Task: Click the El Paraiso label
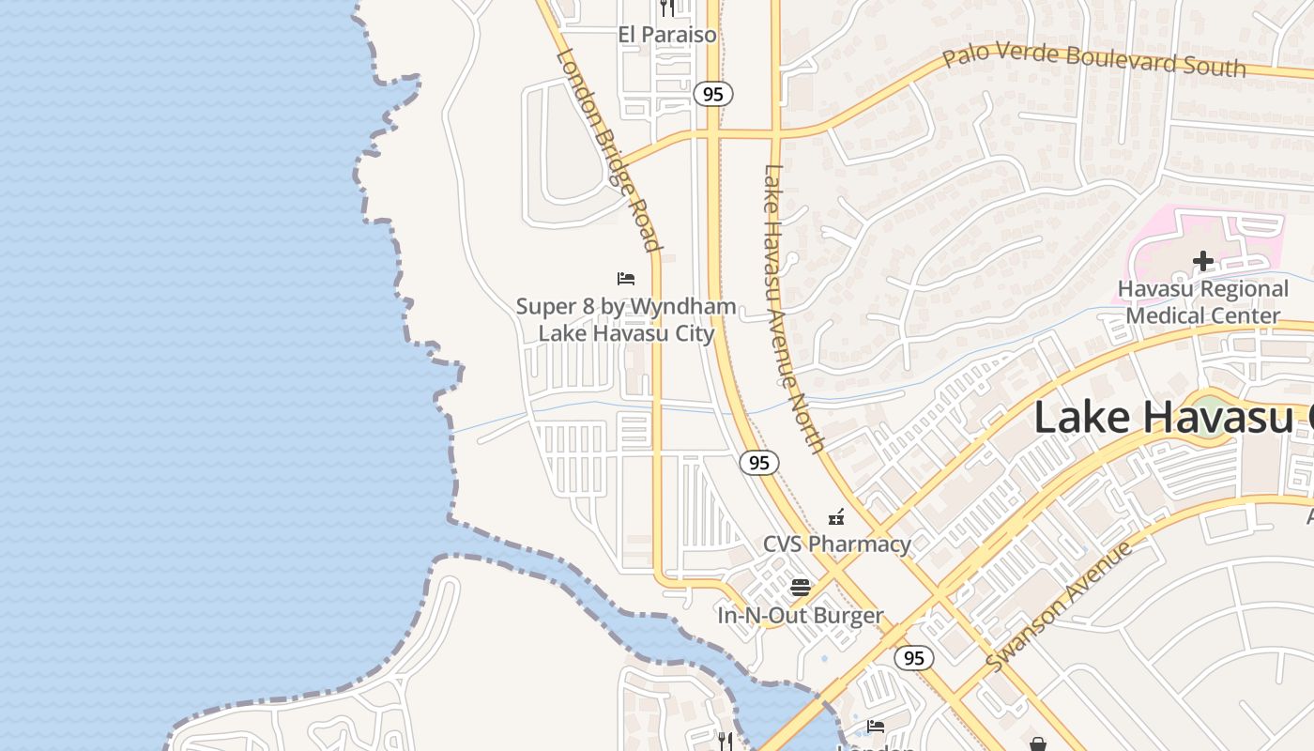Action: pyautogui.click(x=666, y=35)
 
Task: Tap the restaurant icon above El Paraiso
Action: pyautogui.click(x=666, y=8)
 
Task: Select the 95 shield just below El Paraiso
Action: pyautogui.click(x=713, y=94)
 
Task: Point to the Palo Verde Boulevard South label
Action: pyautogui.click(x=1094, y=57)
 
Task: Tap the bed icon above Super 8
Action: pyautogui.click(x=626, y=279)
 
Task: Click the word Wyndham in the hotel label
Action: pyautogui.click(x=682, y=307)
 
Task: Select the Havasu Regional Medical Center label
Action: pyautogui.click(x=1202, y=301)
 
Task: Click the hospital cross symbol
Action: pyautogui.click(x=1202, y=261)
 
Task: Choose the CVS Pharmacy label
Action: pyautogui.click(x=836, y=544)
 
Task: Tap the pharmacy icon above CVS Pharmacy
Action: pyautogui.click(x=836, y=517)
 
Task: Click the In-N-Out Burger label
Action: pyautogui.click(x=801, y=616)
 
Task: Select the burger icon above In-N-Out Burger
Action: pyautogui.click(x=801, y=588)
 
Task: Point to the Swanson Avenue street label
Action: pyautogui.click(x=1059, y=606)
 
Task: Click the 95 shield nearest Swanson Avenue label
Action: pyautogui.click(x=913, y=657)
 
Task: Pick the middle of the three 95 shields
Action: pyautogui.click(x=759, y=462)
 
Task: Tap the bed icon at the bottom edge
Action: pyautogui.click(x=876, y=726)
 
